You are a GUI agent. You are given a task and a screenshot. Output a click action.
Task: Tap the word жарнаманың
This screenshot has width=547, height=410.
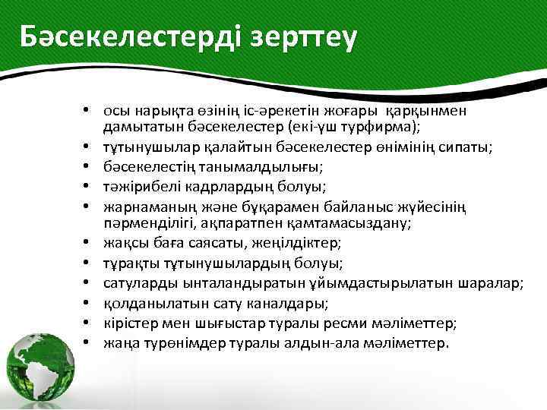pos(143,203)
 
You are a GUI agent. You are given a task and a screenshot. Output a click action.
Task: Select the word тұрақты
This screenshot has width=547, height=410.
pos(128,263)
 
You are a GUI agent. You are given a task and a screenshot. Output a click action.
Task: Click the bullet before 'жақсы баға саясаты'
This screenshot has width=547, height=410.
pos(89,243)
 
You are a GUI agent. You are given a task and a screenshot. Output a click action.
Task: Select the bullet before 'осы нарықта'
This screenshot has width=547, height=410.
pos(89,111)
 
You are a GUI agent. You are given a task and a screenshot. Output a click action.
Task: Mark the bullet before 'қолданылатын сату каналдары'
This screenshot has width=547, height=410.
pos(89,303)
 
